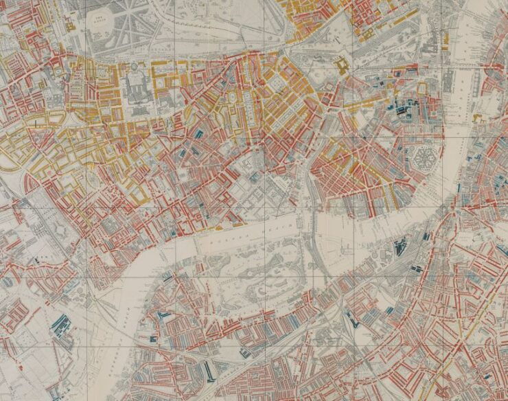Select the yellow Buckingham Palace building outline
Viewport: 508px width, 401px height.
tap(341, 67)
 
